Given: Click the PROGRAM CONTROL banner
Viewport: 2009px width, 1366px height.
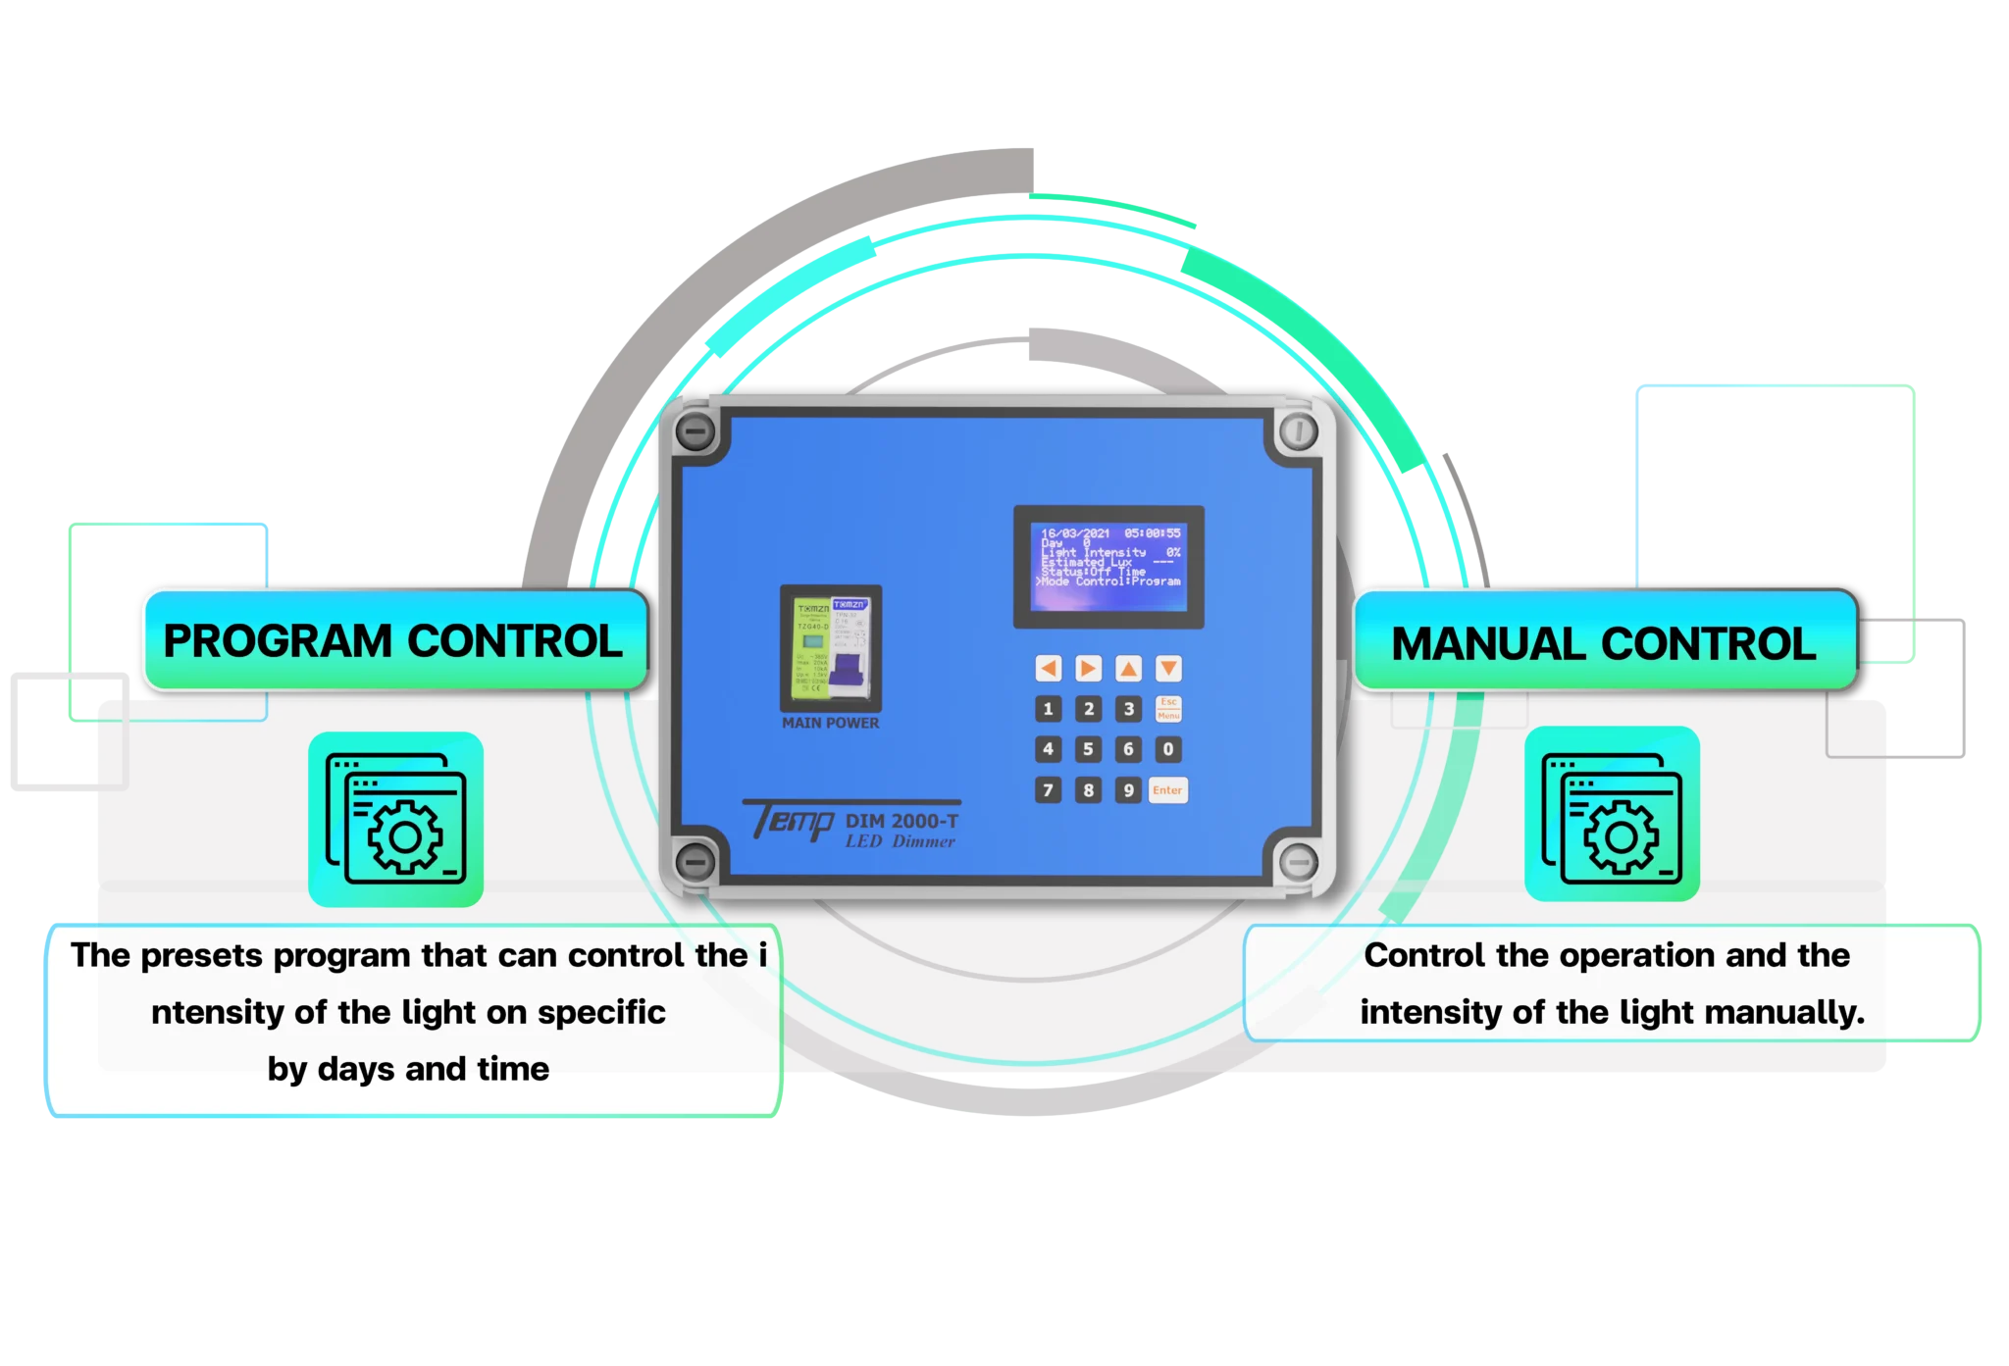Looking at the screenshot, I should pos(393,641).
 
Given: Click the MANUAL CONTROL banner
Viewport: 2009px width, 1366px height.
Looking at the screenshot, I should pos(1604,643).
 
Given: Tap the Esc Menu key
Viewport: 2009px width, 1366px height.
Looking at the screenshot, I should pos(1168,708).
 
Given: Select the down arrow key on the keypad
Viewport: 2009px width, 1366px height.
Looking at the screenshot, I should pos(1168,669).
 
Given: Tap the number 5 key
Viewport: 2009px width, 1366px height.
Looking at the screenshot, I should pos(1088,749).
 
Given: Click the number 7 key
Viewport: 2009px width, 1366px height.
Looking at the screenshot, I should pos(1048,790).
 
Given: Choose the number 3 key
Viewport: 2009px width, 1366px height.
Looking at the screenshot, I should pos(1128,708).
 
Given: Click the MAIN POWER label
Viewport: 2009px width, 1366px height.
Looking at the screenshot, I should pos(830,724).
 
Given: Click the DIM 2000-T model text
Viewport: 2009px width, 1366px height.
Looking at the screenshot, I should pos(901,821).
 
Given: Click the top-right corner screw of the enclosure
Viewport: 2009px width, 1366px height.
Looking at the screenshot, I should pos(1298,431).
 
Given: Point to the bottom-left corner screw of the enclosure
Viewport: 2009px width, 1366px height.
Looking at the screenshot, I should pos(695,861).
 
